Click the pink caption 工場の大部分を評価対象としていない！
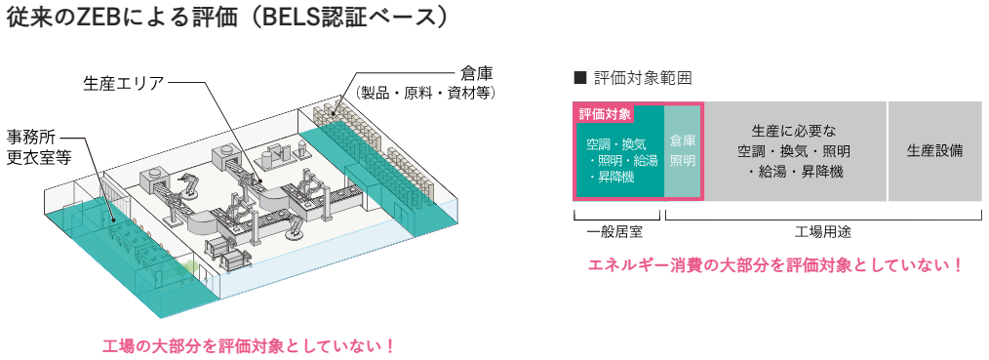[x=248, y=345]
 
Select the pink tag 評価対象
[x=605, y=114]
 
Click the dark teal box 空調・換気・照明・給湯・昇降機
[x=617, y=161]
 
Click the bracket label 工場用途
[x=823, y=232]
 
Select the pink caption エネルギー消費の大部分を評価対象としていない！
[x=776, y=264]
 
